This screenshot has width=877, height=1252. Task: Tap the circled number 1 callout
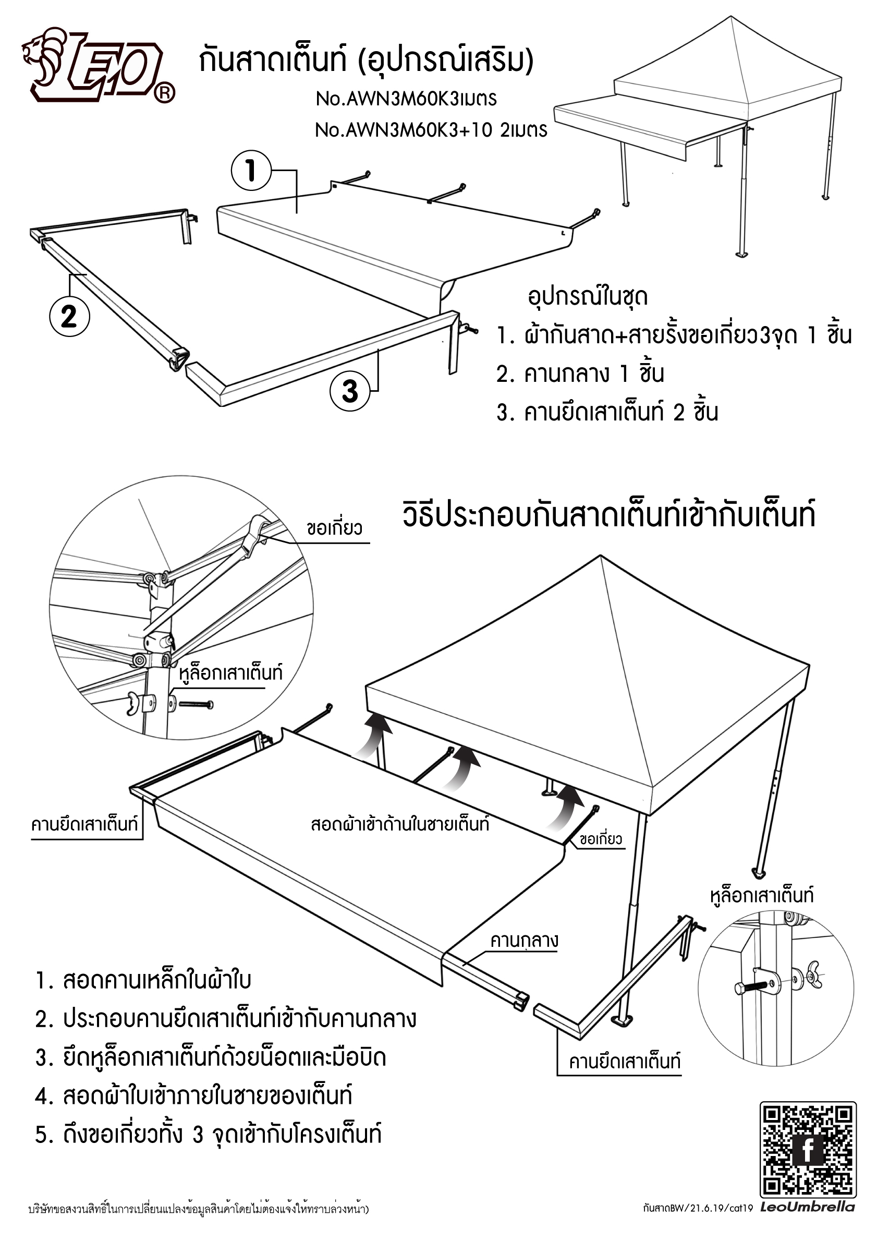point(251,171)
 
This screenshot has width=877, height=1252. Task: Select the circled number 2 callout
point(69,316)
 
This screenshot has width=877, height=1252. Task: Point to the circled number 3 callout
point(349,391)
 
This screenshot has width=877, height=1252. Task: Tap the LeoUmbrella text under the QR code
point(807,1207)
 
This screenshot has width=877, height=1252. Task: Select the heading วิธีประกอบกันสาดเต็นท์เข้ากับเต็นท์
point(609,515)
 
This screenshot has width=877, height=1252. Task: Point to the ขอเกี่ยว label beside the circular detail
point(334,528)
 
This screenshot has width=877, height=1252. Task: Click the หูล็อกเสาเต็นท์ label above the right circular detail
point(761,895)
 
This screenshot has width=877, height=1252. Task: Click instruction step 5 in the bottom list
point(208,1135)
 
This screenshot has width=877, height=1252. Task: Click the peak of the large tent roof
point(600,556)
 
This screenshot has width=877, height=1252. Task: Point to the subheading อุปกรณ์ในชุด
point(587,297)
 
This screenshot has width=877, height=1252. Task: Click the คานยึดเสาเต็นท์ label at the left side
point(84,823)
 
